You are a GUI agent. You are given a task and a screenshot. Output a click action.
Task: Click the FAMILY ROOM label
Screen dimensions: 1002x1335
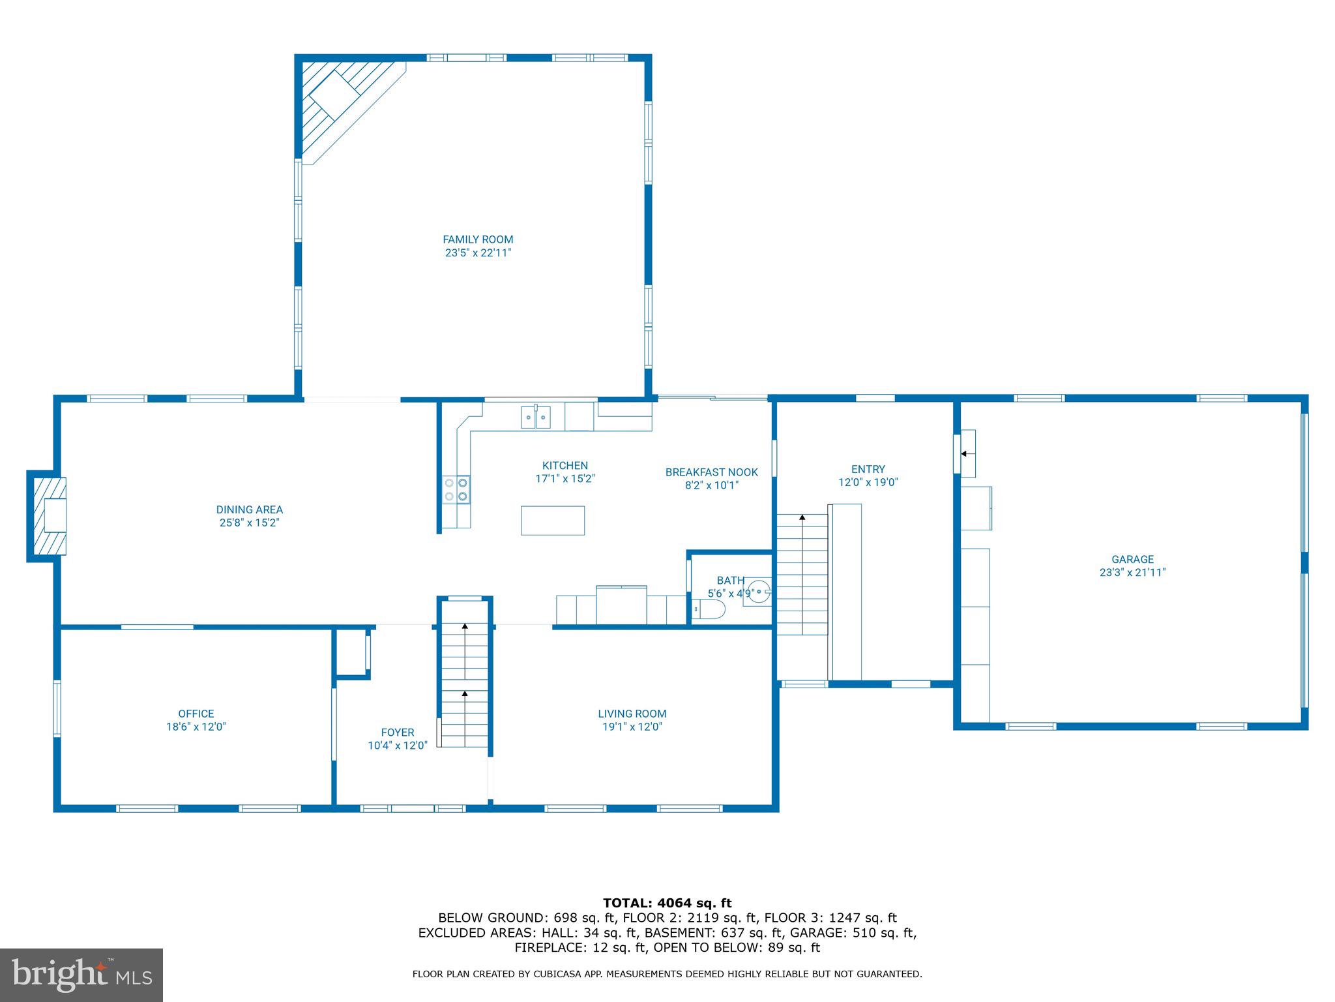click(x=478, y=239)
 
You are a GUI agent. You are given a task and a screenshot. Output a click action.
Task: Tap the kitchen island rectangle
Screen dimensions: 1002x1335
click(x=552, y=521)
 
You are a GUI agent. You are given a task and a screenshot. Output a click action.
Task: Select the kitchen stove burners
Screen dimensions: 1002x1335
click(x=456, y=489)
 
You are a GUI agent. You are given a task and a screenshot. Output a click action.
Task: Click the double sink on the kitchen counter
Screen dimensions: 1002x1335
click(x=535, y=417)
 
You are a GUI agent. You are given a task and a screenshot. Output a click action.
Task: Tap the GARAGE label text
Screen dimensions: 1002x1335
click(x=1132, y=559)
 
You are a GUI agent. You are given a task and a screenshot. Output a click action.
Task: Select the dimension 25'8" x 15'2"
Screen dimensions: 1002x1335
click(x=249, y=523)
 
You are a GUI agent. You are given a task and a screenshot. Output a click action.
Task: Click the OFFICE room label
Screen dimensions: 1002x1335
click(x=196, y=714)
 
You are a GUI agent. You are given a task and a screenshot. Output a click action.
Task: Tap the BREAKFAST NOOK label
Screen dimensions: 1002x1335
click(x=711, y=472)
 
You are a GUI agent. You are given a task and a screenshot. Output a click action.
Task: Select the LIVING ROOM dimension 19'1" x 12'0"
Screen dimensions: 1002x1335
click(x=632, y=727)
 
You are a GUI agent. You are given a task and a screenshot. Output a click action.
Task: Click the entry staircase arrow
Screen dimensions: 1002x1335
click(x=802, y=518)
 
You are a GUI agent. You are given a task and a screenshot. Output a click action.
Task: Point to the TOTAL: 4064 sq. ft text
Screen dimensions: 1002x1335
click(x=667, y=903)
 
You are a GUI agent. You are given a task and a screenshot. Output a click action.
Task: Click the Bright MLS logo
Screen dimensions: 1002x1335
click(x=81, y=975)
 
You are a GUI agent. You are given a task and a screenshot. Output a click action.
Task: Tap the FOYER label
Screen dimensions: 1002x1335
click(x=397, y=733)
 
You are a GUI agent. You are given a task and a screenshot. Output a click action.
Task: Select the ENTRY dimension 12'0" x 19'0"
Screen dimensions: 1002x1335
click(x=868, y=482)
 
